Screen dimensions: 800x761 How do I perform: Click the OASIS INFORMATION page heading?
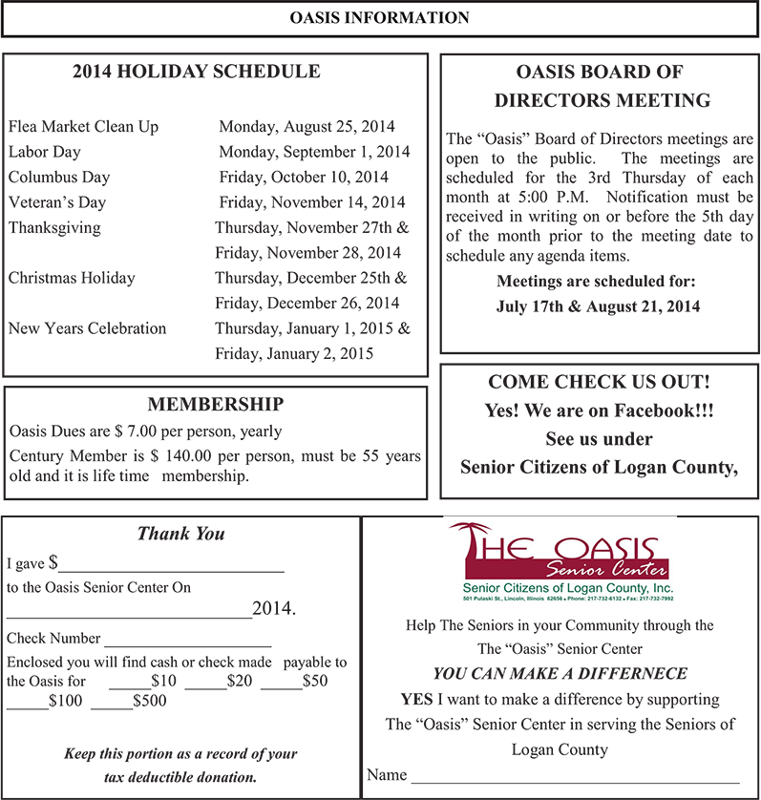tap(380, 18)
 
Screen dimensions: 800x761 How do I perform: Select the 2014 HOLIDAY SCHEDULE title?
tap(197, 72)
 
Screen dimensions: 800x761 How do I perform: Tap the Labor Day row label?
tap(45, 152)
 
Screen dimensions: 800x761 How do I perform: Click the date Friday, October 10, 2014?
tap(304, 177)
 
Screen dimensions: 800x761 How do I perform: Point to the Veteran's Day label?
tap(57, 202)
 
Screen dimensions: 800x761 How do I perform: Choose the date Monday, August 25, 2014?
tap(307, 127)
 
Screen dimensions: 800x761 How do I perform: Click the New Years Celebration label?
tap(87, 328)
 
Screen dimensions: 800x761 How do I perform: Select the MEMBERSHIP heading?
tap(215, 404)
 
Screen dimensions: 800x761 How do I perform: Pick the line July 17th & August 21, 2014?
tap(598, 307)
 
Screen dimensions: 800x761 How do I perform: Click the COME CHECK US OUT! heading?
tap(598, 382)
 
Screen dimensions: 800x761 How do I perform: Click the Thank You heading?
tap(180, 535)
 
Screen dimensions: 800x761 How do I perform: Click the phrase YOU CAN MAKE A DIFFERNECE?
tap(560, 673)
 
